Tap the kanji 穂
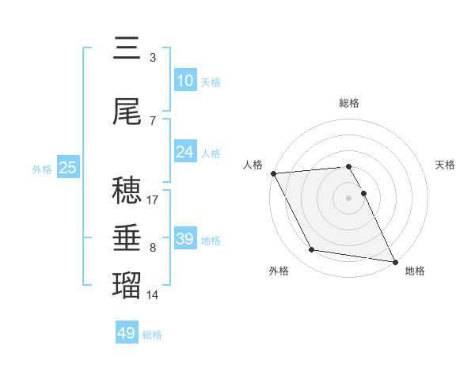point(127,191)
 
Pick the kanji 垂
point(127,237)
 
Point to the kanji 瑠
point(127,284)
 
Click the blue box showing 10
point(184,80)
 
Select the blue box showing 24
point(184,152)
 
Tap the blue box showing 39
point(184,238)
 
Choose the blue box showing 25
point(67,168)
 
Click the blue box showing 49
point(127,333)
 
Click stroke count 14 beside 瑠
point(153,295)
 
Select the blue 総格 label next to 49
point(153,335)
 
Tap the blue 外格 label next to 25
point(42,169)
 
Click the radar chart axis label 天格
point(446,165)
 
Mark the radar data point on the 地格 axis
point(394,261)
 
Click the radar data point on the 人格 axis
point(273,173)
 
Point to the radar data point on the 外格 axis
point(312,250)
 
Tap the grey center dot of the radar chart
point(349,197)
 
